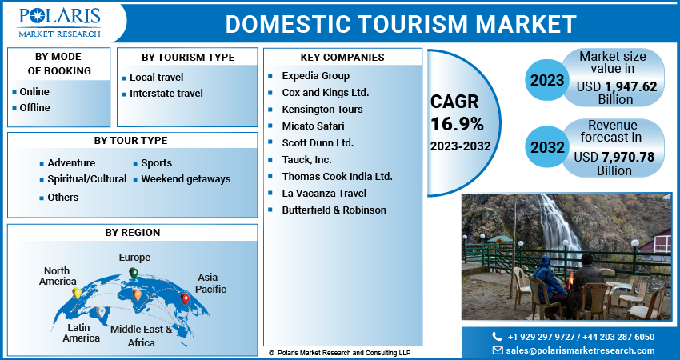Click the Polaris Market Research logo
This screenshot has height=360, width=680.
(60, 22)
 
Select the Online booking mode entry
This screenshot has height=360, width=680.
(34, 92)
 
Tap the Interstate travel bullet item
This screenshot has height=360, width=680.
(166, 94)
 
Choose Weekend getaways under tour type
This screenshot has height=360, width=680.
(186, 179)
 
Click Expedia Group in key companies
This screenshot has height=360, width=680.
(314, 74)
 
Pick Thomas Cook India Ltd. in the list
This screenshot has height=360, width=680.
(337, 176)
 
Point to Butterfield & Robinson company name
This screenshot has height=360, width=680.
(334, 210)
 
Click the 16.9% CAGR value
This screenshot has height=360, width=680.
(457, 124)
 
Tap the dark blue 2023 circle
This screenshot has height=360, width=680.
(546, 80)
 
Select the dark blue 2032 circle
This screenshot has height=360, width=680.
(546, 148)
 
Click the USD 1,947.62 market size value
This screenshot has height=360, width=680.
(614, 87)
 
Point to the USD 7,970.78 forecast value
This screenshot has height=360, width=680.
(614, 157)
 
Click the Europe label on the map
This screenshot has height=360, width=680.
(134, 258)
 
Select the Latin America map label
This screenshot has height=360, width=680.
(82, 333)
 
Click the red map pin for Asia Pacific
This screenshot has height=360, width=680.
(186, 299)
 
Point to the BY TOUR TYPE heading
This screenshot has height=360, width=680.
(130, 141)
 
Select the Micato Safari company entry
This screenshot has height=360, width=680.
(313, 126)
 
